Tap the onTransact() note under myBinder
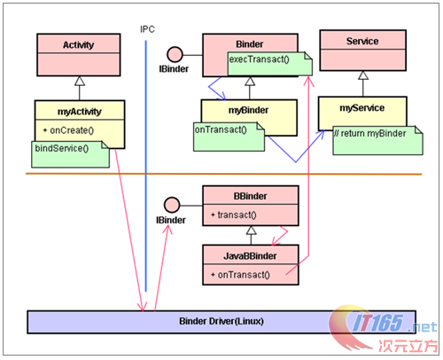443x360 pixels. click(x=222, y=130)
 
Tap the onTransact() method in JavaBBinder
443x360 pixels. click(x=241, y=275)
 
